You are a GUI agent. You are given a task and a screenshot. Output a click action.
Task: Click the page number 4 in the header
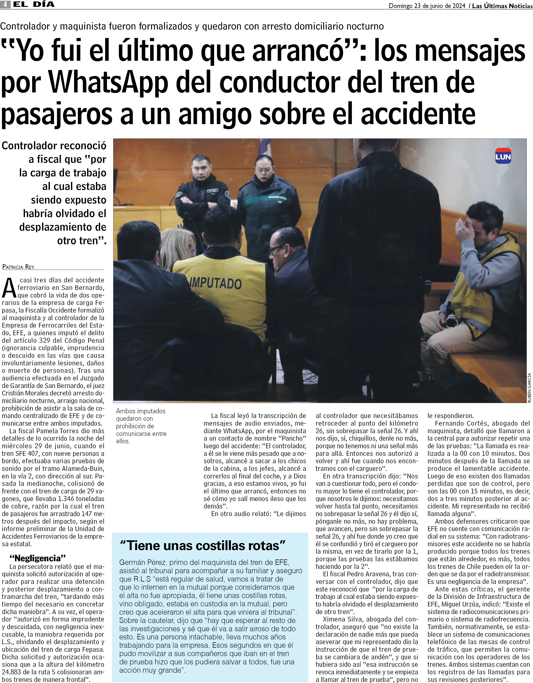coord(5,4)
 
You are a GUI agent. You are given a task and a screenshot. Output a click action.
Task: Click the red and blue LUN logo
coord(503,156)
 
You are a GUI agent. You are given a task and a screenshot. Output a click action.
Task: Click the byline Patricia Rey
coord(18,267)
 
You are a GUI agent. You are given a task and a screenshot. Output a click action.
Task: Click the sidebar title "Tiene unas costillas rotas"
coord(203,546)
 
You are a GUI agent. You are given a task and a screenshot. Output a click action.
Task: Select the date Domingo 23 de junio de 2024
coord(427,6)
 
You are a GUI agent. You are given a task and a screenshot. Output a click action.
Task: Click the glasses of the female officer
coord(263,170)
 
